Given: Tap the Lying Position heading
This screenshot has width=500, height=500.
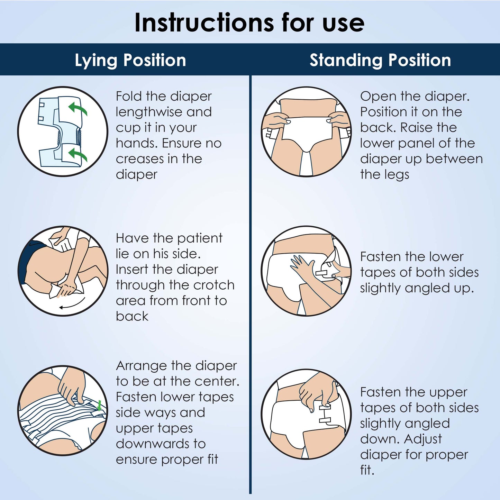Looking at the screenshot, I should pos(130,60).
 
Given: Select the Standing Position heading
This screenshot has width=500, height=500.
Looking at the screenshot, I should pos(380,60).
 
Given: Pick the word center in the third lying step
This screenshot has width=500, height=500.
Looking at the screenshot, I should pos(217,381).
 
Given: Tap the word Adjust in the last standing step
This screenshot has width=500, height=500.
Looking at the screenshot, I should pos(423,439).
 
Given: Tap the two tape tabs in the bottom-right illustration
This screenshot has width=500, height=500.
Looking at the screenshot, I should pos(325,414).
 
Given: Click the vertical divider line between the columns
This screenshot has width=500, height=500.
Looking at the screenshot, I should pos(250,284).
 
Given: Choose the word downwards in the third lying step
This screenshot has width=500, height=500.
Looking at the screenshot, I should pos(161,444).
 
